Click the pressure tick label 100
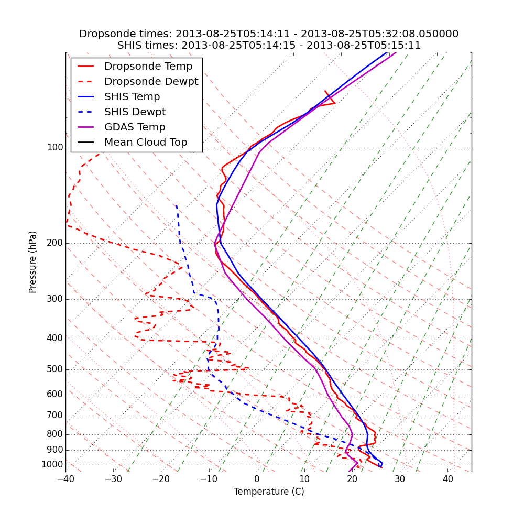(55, 148)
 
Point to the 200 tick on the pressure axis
(55, 243)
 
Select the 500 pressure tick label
(55, 369)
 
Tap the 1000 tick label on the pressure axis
(52, 465)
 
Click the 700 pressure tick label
(55, 416)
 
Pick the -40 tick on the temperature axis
(65, 479)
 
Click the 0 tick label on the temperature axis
(257, 479)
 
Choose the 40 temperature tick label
(447, 479)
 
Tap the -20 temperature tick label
(161, 479)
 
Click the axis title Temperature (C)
(269, 492)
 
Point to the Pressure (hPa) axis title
(33, 262)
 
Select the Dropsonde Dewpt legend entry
(151, 82)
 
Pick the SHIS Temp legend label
(132, 97)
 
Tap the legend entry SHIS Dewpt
(135, 112)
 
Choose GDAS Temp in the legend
(135, 127)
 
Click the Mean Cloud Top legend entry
(146, 143)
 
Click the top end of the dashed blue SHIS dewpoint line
(177, 205)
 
